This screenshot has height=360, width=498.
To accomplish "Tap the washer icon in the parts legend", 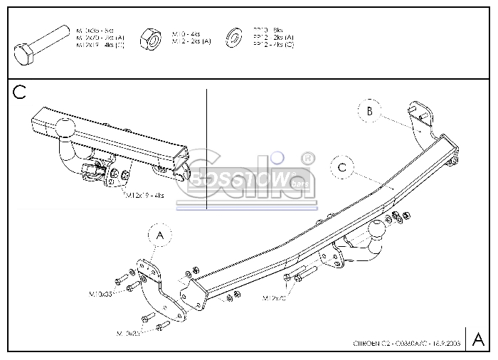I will [x=232, y=37].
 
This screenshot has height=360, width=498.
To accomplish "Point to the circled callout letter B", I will [x=369, y=111].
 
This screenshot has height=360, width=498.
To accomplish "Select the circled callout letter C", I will [x=342, y=168].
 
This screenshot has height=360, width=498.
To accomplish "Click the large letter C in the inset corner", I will [x=19, y=92].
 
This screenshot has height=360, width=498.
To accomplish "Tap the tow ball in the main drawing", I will [x=377, y=231].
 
